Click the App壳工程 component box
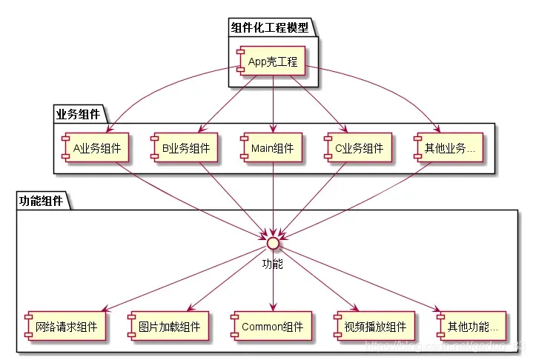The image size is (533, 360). tap(272, 61)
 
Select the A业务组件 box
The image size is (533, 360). tap(96, 147)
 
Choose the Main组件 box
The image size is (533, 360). tap(273, 147)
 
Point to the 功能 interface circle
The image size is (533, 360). tap(273, 241)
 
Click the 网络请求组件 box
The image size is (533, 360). tap(64, 325)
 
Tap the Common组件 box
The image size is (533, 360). tap(273, 325)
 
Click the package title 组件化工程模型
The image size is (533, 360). tap(270, 28)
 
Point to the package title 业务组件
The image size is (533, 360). tap(78, 113)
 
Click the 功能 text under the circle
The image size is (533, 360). tap(273, 263)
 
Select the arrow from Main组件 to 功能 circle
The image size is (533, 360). tap(273, 196)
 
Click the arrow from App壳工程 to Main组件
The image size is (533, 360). tap(273, 104)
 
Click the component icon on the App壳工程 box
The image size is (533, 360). tap(241, 61)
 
